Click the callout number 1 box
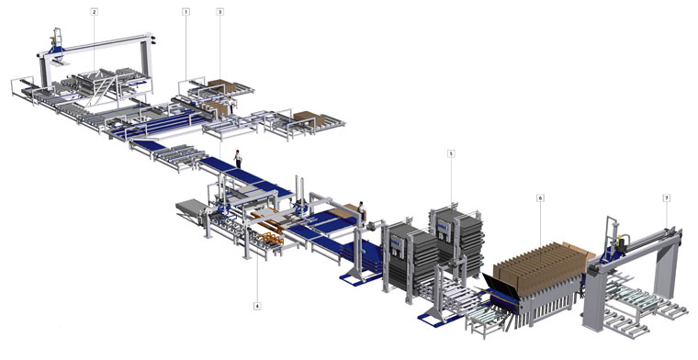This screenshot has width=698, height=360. point(186,12)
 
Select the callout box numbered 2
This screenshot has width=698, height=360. point(94,12)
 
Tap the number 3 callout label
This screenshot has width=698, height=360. point(220,12)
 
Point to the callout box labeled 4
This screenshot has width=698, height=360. point(257,306)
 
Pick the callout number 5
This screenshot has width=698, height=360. point(451,154)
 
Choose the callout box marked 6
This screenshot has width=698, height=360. point(540,197)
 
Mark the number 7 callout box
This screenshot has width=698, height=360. point(667,197)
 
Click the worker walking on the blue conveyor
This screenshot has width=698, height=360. point(238,159)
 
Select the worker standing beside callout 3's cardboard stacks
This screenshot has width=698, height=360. point(231,104)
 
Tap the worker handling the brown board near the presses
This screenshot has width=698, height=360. point(362,211)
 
